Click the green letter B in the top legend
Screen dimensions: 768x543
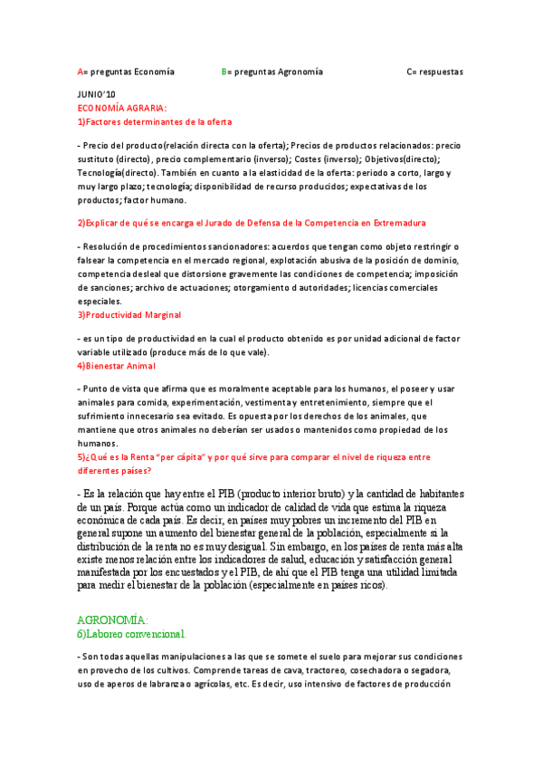coord(224,71)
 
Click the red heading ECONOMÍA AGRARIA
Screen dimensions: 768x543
coord(122,108)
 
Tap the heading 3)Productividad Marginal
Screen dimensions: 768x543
coord(129,314)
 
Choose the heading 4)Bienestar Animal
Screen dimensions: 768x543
coord(117,366)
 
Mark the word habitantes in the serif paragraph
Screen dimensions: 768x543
coord(425,494)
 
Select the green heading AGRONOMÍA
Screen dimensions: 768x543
coord(112,620)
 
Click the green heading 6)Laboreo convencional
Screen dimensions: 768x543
coord(131,634)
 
